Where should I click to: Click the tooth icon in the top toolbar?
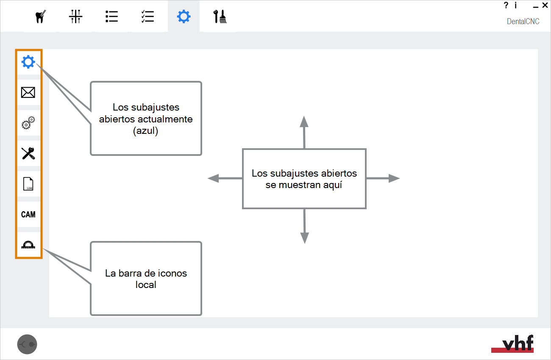41,17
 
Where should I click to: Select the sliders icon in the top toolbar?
76,17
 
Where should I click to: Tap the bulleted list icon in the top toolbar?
111,17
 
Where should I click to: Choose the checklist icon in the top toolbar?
148,17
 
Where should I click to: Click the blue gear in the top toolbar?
184,17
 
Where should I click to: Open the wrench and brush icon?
220,17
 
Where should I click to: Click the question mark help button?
506,6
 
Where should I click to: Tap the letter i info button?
515,6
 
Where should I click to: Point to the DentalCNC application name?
523,22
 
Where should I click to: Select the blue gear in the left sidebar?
28,62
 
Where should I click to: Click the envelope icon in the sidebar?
28,92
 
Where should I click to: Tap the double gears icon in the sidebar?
28,123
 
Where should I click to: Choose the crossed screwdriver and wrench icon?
28,153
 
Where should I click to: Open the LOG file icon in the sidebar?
28,184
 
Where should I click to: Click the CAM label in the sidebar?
28,215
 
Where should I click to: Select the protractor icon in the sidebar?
28,245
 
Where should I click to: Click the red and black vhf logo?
512,343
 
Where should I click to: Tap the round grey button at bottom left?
27,344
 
